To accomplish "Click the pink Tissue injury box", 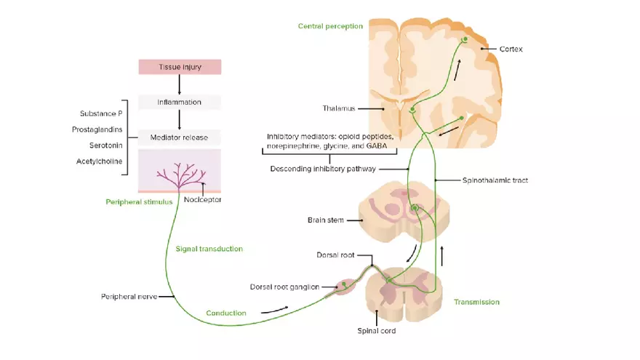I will point(180,68).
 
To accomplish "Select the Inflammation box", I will point(180,102).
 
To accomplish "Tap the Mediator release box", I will point(180,137).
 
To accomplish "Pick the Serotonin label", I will point(106,145).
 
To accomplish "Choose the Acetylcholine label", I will point(99,161).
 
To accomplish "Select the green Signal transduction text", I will point(209,249).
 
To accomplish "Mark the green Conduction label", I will point(225,313).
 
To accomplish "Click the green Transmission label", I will point(476,301).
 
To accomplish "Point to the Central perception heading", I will point(330,26).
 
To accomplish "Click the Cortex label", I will point(511,49).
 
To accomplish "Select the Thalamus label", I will point(339,108).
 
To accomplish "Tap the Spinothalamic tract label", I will point(495,179).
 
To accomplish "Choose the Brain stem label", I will point(326,220).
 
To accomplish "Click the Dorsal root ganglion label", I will point(284,287).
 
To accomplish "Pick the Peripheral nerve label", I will point(127,297).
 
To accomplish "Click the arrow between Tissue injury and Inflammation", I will point(180,84).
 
